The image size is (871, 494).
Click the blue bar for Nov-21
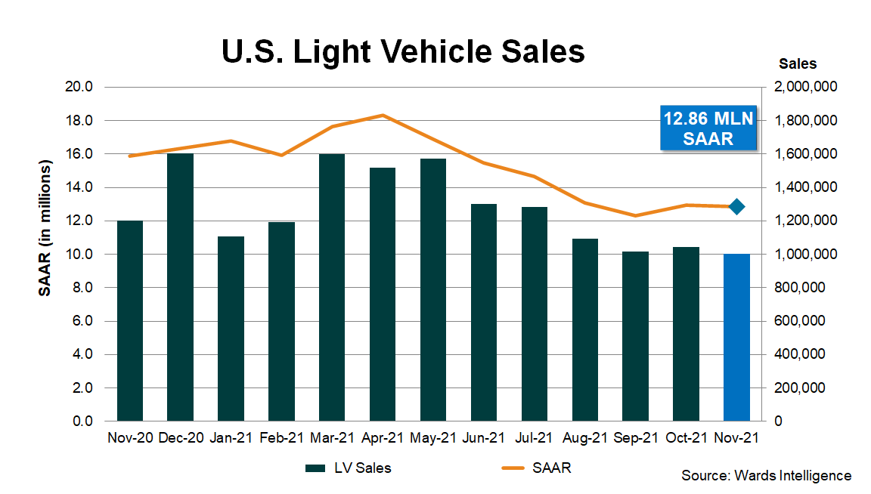coord(736,338)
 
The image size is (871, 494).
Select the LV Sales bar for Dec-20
coord(181,287)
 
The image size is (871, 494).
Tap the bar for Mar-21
coord(332,287)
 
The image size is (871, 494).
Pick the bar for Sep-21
coord(635,336)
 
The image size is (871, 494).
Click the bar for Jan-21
coord(231,329)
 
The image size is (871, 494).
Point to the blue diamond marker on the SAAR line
coord(737,206)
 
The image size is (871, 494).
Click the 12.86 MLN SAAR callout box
coord(708,128)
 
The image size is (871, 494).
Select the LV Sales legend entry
coord(349,468)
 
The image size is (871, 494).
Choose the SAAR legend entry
coord(536,468)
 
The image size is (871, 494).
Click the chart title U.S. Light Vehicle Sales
coord(403,53)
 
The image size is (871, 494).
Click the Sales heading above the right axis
coord(798,64)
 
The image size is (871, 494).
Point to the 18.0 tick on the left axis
coord(79,121)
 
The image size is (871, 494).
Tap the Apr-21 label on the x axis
coord(383,438)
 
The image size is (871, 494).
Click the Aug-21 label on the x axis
coord(584,438)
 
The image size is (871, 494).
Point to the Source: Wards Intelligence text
coord(766,476)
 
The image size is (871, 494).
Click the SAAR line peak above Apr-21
coord(383,116)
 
